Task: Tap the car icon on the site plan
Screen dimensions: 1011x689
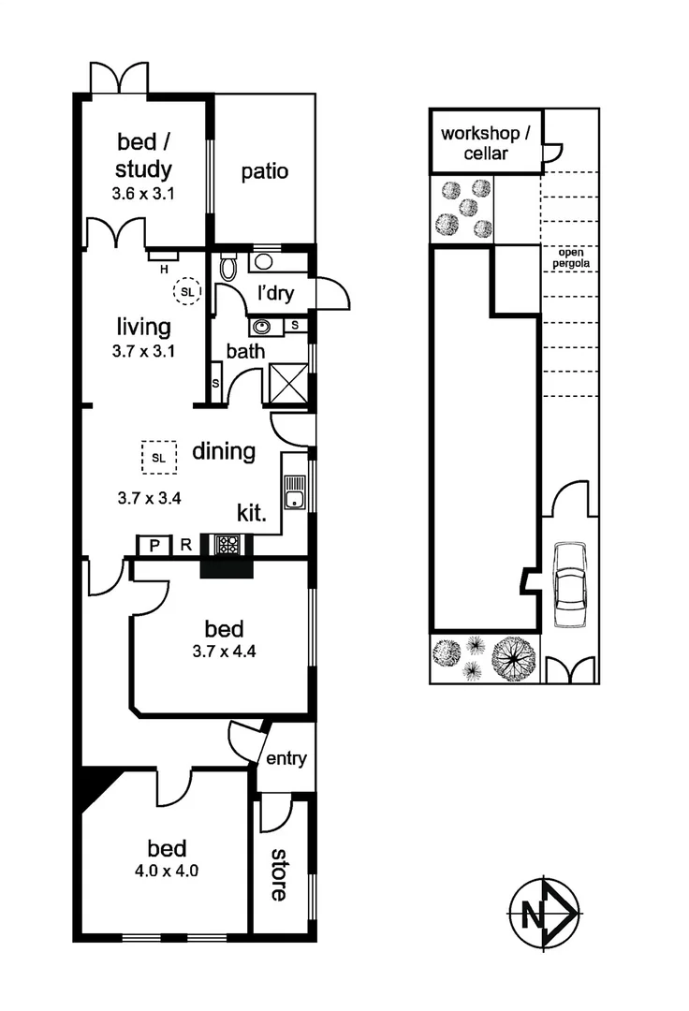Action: point(567,586)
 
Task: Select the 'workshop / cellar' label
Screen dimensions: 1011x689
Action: point(486,142)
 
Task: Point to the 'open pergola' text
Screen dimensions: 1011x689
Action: point(569,258)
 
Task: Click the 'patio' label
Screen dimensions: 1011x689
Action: point(264,172)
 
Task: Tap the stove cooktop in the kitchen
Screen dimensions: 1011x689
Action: point(227,544)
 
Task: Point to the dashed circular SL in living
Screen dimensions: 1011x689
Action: point(187,292)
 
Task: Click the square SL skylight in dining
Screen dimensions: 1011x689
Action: point(158,458)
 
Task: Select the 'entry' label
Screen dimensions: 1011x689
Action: point(286,758)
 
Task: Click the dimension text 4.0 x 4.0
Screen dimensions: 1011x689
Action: point(167,870)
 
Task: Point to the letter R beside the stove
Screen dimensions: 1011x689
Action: point(186,545)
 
